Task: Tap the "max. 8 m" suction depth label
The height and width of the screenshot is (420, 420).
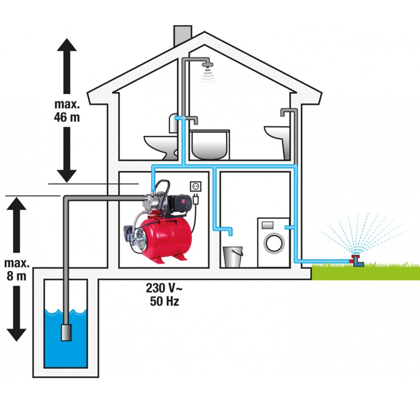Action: [x=16, y=269]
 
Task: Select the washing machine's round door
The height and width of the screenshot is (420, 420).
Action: [x=274, y=243]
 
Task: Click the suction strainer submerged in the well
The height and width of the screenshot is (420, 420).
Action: [x=66, y=332]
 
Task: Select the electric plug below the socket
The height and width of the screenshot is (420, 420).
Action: [x=196, y=199]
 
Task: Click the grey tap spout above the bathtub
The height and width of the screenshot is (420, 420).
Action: [x=195, y=120]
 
